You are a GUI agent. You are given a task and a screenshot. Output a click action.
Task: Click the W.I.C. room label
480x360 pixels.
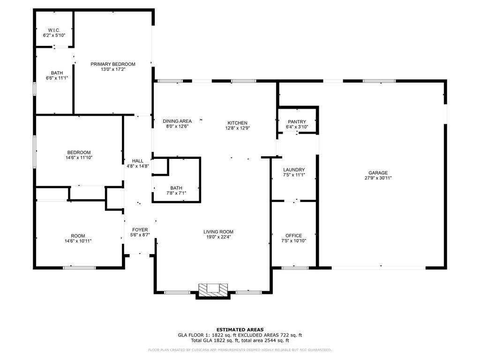(x=54, y=30)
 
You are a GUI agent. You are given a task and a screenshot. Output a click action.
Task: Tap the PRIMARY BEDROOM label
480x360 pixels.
(x=113, y=64)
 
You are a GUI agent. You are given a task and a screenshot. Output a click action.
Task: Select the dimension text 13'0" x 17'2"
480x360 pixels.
(x=113, y=70)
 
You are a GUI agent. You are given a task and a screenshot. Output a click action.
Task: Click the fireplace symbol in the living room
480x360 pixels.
(x=212, y=290)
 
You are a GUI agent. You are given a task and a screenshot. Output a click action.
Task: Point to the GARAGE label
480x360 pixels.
(x=378, y=172)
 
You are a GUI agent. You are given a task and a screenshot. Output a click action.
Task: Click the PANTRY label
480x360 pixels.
(x=297, y=122)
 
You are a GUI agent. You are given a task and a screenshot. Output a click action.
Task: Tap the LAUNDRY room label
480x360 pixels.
(x=294, y=170)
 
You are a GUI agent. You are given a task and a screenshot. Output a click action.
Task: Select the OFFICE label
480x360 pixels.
(x=294, y=235)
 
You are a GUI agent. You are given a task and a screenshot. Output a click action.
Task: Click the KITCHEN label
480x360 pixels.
(x=237, y=123)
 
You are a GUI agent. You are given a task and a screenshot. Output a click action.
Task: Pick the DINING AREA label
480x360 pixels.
(x=177, y=121)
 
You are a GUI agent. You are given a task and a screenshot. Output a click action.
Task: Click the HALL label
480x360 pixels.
(x=138, y=161)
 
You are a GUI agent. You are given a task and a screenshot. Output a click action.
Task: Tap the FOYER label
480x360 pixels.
(x=140, y=230)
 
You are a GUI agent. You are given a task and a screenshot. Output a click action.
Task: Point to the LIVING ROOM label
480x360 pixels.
(x=218, y=232)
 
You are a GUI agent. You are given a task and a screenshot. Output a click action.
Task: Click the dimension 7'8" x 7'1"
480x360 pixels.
(x=176, y=193)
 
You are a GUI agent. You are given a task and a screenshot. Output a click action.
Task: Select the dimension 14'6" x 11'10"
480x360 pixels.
(x=79, y=158)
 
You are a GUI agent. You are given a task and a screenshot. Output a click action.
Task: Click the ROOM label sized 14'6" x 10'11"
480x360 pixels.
(x=78, y=236)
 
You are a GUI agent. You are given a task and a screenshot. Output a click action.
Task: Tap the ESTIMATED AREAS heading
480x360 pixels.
(x=240, y=330)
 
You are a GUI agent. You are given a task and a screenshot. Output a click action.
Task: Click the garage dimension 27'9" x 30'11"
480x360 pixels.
(x=378, y=178)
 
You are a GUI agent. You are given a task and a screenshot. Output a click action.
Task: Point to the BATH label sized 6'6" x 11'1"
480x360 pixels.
(x=57, y=73)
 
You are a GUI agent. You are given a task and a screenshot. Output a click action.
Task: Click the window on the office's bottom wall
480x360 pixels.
(x=295, y=268)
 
